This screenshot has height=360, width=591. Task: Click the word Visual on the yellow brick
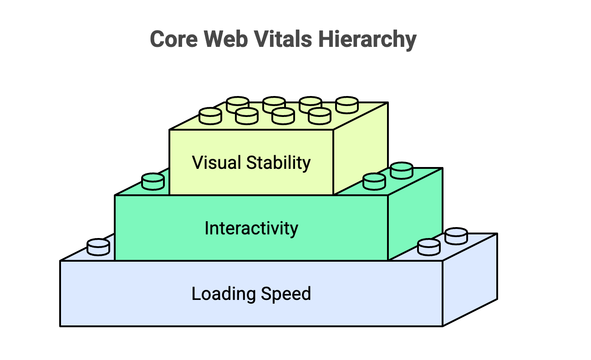tap(216, 162)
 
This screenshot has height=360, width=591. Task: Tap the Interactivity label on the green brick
tap(251, 228)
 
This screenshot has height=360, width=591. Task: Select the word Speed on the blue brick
tap(286, 294)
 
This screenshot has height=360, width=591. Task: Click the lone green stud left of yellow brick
tap(153, 182)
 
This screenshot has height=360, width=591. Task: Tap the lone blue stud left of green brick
tap(99, 247)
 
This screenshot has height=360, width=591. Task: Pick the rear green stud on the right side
tap(402, 171)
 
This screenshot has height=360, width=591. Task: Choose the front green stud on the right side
tap(374, 181)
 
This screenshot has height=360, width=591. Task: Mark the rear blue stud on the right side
tap(456, 236)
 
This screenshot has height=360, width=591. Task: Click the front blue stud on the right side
tap(429, 247)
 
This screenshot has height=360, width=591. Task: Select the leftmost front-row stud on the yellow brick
tap(210, 116)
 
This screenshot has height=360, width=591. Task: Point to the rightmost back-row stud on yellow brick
tap(347, 105)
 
